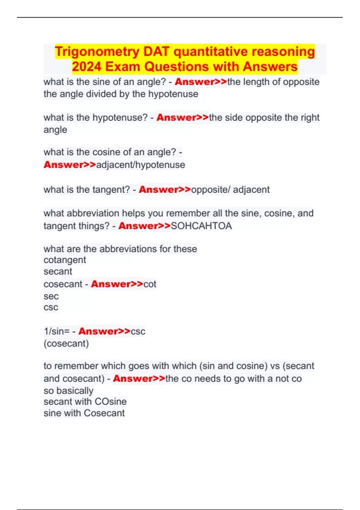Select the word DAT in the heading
[x=156, y=52]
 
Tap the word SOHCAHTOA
[x=201, y=226]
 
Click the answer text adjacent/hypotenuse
[x=140, y=165]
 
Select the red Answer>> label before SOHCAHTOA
[x=145, y=226]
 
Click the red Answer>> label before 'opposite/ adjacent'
[x=165, y=190]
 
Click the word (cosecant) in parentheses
[x=66, y=343]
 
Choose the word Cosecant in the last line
[x=104, y=413]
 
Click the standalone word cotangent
[x=65, y=260]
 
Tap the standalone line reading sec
[x=51, y=296]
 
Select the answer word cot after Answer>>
[x=150, y=284]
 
